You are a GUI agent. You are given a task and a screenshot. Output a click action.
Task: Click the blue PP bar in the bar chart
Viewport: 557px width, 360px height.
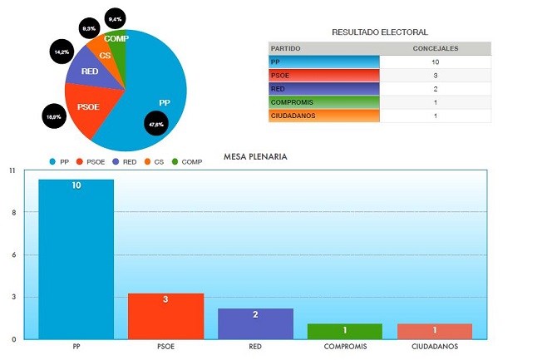(76, 259)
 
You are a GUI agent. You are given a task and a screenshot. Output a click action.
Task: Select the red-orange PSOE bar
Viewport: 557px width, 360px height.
(165, 316)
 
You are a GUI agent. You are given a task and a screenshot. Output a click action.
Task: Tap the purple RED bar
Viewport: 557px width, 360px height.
(255, 323)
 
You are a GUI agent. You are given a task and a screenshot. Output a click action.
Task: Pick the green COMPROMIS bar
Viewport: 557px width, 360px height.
(345, 331)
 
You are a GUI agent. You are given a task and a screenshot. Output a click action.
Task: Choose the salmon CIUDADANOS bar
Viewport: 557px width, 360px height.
(435, 331)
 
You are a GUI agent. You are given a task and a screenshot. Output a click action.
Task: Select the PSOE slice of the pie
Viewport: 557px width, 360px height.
(89, 111)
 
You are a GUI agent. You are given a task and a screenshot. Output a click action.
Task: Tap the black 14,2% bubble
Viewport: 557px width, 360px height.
(62, 52)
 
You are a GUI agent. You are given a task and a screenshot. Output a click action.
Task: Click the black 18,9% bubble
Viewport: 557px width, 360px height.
(54, 117)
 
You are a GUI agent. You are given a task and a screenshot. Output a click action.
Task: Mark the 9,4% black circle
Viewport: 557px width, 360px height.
(115, 18)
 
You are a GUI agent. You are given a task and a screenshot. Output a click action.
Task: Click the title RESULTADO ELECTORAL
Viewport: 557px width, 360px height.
(380, 32)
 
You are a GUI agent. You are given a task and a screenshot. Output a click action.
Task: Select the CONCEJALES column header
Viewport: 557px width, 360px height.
(435, 48)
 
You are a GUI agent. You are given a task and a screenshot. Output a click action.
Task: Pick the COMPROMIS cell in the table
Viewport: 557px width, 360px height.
(324, 102)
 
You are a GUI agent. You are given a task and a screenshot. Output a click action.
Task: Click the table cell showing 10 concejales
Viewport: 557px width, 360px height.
(435, 62)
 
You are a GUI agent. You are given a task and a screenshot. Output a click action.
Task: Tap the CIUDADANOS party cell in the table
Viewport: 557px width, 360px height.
(324, 116)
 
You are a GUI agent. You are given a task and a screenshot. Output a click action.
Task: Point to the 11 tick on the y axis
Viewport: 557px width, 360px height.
(12, 170)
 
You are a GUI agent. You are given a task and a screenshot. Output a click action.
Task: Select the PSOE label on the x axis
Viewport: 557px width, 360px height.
(165, 348)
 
